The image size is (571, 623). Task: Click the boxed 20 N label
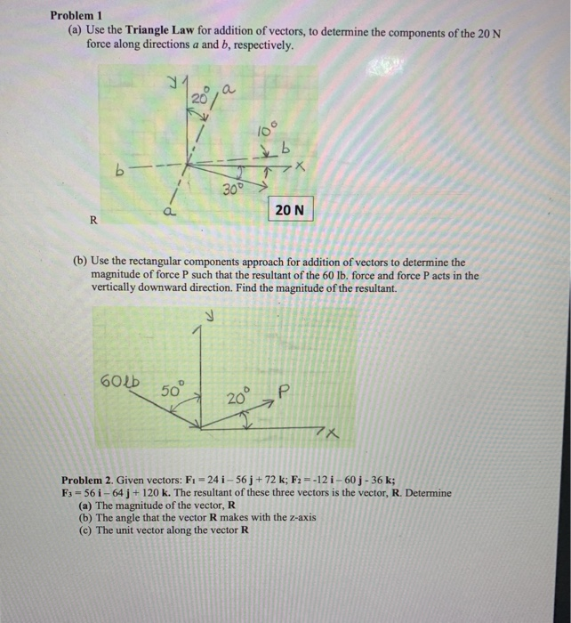pyautogui.click(x=289, y=210)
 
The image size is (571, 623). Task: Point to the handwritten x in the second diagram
pyautogui.click(x=331, y=433)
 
